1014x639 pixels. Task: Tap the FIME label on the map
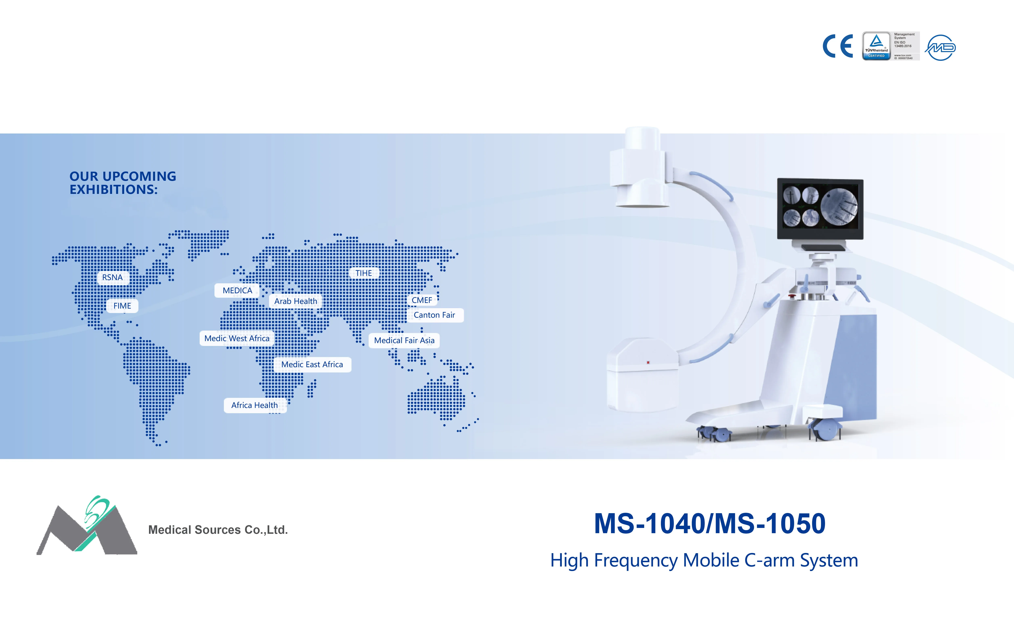pos(122,306)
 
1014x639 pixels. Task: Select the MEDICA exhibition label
pos(237,291)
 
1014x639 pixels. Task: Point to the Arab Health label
pos(296,301)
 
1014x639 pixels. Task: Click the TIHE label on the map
pos(364,273)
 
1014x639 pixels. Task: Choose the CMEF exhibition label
pos(422,300)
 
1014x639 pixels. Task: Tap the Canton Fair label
pos(435,315)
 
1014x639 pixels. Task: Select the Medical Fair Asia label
pos(404,340)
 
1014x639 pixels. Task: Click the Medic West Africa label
pos(237,338)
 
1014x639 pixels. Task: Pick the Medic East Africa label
pos(312,364)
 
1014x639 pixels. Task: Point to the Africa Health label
pos(255,405)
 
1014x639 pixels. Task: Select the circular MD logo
pos(940,48)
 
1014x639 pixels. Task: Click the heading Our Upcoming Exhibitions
pos(123,183)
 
